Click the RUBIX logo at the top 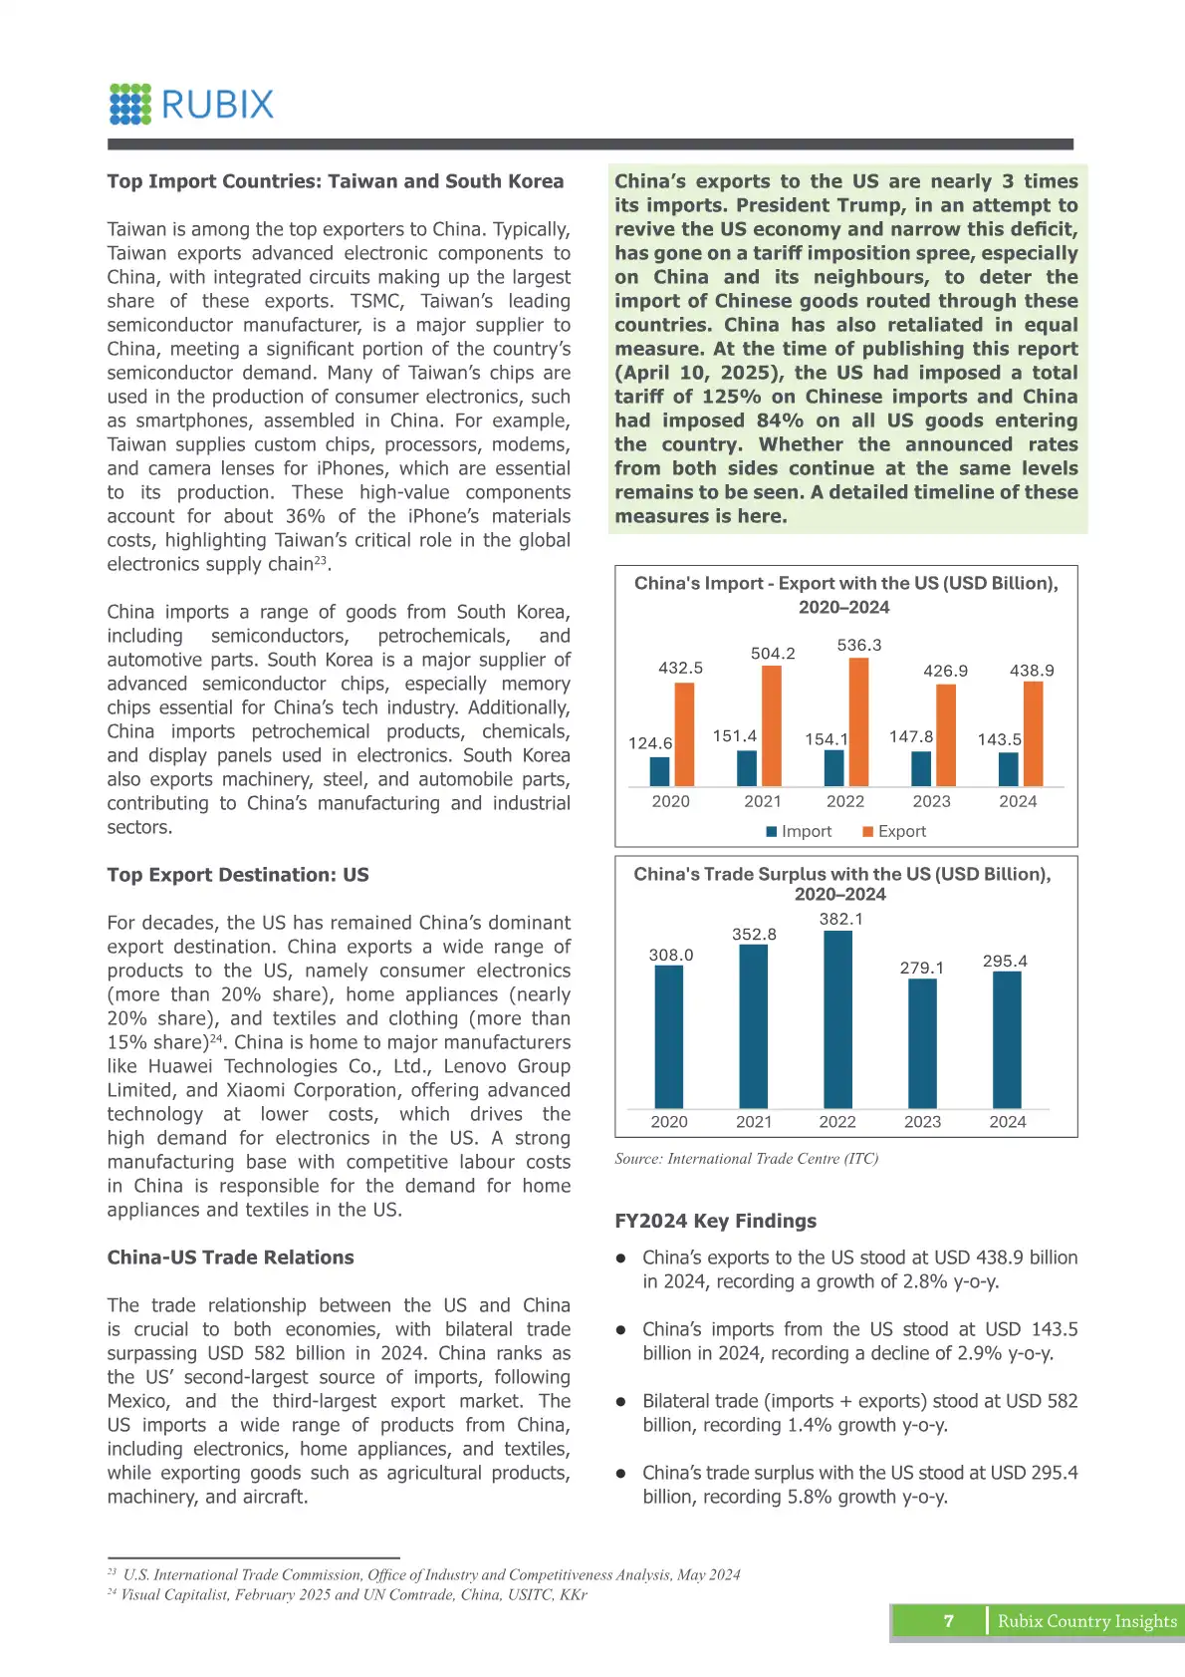point(191,104)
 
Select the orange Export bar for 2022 point(858,722)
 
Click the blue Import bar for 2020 point(659,771)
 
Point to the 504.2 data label point(773,654)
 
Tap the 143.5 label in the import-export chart point(999,739)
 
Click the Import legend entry point(799,831)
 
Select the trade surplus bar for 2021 point(754,1026)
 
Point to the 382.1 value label point(841,919)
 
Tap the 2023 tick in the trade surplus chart point(922,1122)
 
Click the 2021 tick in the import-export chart point(763,801)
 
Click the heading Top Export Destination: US point(238,875)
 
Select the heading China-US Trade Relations point(230,1258)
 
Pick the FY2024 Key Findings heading point(715,1221)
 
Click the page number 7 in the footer point(948,1621)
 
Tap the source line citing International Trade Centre point(746,1159)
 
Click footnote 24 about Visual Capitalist point(348,1594)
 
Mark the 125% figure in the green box point(731,397)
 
